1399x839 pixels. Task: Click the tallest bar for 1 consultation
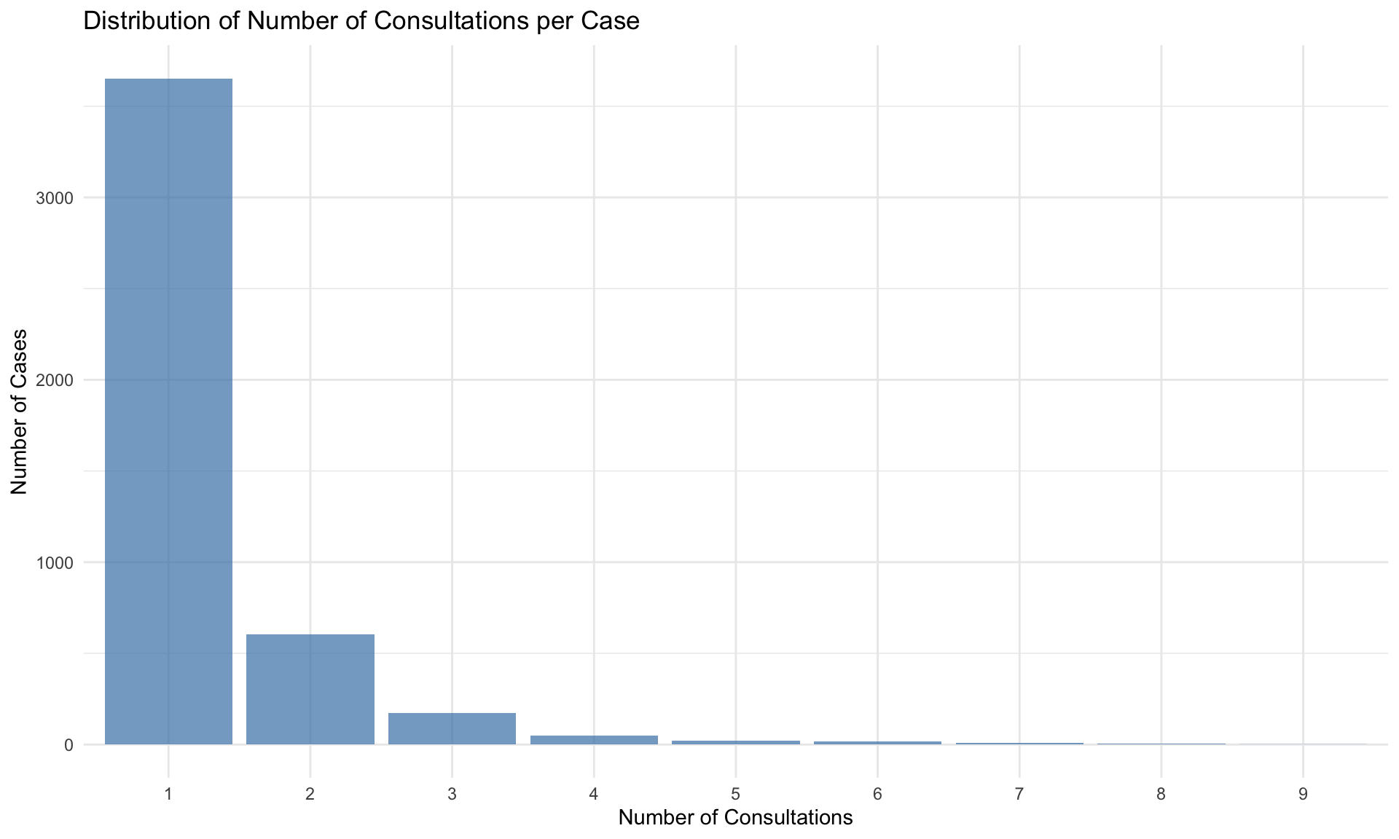click(168, 411)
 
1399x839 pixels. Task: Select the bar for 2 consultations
click(310, 689)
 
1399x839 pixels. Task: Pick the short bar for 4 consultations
click(594, 740)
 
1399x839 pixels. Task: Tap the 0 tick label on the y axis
click(69, 745)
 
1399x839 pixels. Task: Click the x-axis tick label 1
click(168, 794)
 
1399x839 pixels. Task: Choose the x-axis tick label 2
click(310, 794)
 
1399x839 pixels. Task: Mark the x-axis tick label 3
click(452, 794)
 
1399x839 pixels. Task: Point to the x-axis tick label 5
click(736, 794)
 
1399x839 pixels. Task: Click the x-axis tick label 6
click(877, 794)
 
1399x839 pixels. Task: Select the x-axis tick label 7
click(1019, 794)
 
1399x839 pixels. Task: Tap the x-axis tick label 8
click(1161, 794)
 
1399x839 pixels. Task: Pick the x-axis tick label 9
click(1303, 794)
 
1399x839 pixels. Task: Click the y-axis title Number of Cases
click(19, 412)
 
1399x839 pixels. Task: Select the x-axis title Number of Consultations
click(735, 818)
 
